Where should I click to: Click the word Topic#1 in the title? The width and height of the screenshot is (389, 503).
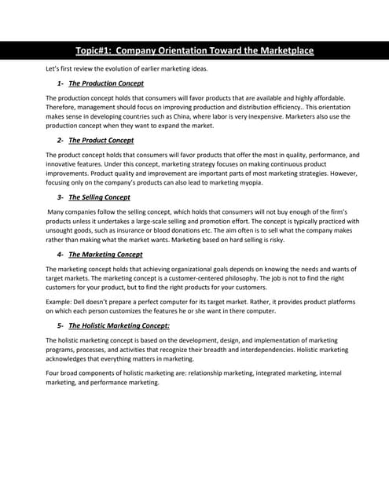click(x=94, y=51)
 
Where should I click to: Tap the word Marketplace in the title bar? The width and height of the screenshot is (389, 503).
click(x=281, y=51)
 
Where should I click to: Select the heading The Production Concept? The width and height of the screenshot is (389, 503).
click(x=106, y=83)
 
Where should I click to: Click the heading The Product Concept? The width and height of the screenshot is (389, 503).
click(x=101, y=140)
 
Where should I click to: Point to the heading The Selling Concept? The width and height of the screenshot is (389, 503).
click(x=99, y=197)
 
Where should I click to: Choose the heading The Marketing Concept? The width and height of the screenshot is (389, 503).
click(x=105, y=255)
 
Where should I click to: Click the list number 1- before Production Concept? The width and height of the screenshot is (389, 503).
click(x=61, y=83)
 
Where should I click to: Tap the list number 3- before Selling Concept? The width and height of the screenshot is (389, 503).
click(x=61, y=197)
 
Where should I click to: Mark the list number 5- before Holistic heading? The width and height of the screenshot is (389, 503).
click(x=61, y=325)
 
